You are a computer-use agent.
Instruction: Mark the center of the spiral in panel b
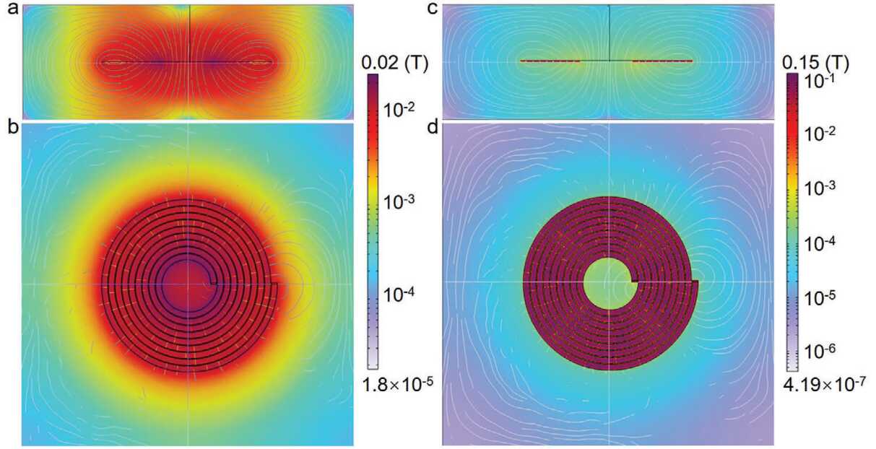click(187, 283)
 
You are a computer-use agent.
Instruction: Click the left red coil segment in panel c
click(550, 61)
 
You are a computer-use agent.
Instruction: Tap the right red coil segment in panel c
click(662, 61)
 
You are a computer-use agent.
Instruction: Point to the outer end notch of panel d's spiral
click(695, 281)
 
